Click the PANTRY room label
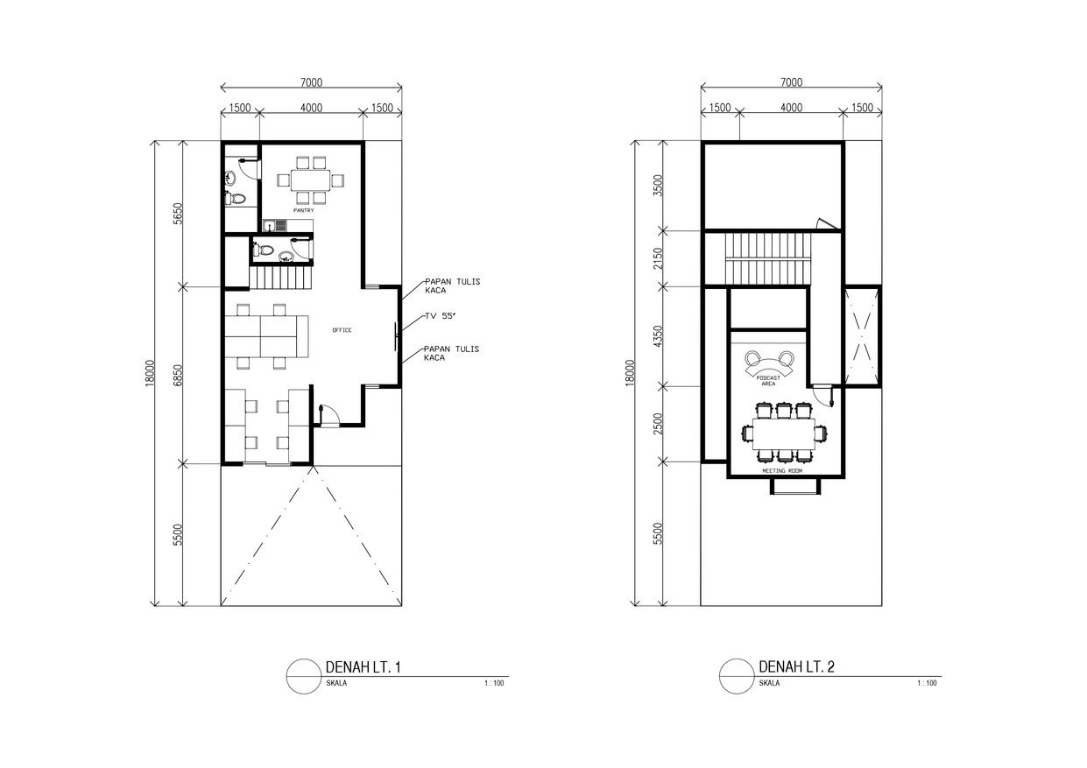(x=303, y=210)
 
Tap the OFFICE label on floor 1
(x=342, y=330)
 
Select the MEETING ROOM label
(x=782, y=470)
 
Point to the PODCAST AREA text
(x=768, y=380)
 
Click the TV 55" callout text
(x=440, y=316)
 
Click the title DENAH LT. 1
(x=363, y=667)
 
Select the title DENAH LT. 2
(x=796, y=666)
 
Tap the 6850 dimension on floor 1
(x=178, y=375)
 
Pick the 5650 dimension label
(x=178, y=214)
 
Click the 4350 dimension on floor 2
(x=658, y=336)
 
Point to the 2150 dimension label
(x=658, y=258)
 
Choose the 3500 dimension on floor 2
(x=658, y=186)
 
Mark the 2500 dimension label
(x=658, y=424)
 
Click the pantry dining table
(x=310, y=180)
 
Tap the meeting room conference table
(x=784, y=433)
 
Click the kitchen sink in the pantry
(x=275, y=226)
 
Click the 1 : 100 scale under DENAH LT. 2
(x=927, y=683)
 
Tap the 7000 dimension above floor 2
(x=791, y=82)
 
